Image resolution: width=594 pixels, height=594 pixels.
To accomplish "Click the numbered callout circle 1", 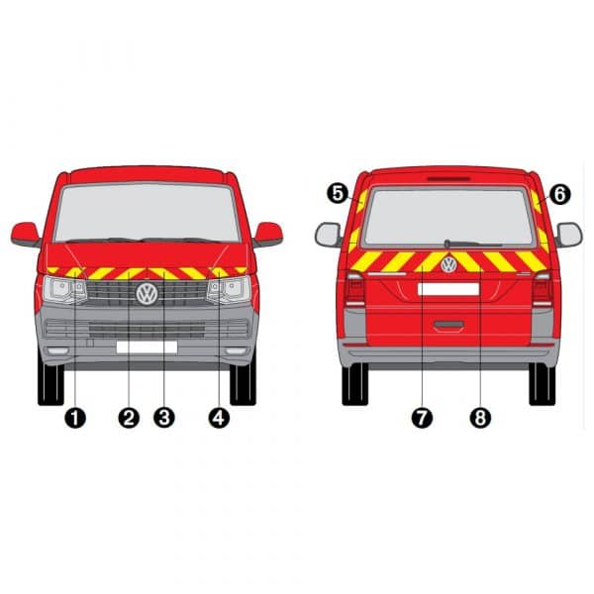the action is (x=75, y=418).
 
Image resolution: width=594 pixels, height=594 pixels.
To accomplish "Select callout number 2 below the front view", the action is (x=129, y=418).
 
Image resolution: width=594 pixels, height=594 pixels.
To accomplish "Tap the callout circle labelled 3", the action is (x=164, y=418).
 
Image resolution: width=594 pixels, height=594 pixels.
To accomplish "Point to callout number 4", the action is (x=219, y=418).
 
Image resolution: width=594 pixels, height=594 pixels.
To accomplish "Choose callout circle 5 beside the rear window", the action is (x=338, y=194).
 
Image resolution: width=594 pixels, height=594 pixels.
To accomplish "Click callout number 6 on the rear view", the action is (x=559, y=194).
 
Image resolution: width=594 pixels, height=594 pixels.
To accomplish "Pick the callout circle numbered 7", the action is (x=422, y=418).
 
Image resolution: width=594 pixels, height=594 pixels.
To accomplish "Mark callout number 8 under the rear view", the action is (x=480, y=418).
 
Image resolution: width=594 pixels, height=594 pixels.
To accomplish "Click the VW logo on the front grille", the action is (x=147, y=294).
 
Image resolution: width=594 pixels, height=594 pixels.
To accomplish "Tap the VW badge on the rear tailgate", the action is (x=448, y=264).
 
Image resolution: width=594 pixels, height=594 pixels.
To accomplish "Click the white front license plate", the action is (x=147, y=347).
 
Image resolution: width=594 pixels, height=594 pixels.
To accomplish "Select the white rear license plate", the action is (x=448, y=289).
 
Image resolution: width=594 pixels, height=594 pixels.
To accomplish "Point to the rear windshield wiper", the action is (x=473, y=244).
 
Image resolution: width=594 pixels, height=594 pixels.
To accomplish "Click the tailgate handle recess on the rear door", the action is (x=448, y=326).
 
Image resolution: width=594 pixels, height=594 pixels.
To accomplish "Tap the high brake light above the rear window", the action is (x=448, y=178).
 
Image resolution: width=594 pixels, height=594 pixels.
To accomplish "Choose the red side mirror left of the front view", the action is (x=26, y=235).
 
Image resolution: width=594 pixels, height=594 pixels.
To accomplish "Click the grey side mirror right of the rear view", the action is (x=568, y=235).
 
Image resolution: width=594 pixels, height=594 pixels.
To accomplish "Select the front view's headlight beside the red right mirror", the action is (x=230, y=290).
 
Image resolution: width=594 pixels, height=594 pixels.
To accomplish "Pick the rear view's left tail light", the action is (x=354, y=289).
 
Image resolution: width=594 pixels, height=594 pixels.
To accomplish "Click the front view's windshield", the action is (x=147, y=213).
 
